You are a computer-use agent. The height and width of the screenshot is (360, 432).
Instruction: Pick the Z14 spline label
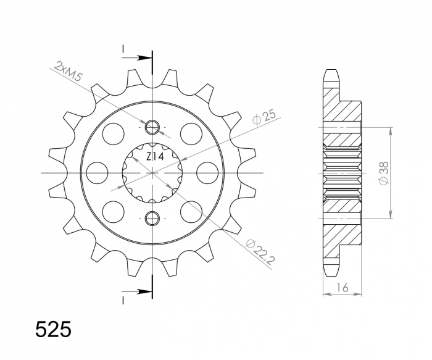154,157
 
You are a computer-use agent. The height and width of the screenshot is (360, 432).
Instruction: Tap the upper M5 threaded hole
152,128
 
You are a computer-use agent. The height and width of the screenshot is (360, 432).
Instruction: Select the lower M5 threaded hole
152,217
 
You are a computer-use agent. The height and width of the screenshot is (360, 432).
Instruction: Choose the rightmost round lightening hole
207,172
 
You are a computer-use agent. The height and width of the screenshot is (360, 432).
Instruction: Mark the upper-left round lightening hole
113,133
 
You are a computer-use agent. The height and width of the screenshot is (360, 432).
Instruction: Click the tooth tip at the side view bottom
331,274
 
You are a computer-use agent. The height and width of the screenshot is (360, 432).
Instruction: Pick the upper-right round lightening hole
191,133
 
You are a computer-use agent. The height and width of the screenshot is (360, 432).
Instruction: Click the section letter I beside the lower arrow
123,299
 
